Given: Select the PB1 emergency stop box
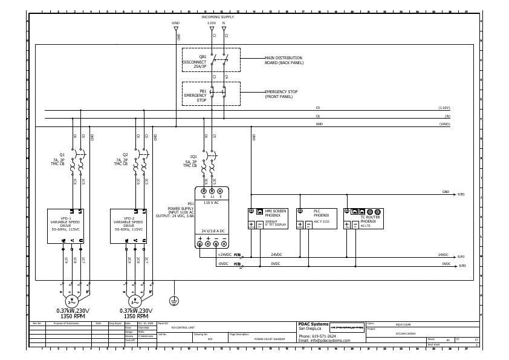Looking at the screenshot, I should point(211,94).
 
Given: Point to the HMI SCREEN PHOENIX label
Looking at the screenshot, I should point(276,214).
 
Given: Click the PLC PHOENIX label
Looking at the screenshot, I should point(321,214).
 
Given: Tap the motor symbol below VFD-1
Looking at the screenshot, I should point(72,301).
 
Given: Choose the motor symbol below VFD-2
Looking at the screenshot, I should point(135,301).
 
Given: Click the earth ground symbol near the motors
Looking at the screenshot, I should point(174,301).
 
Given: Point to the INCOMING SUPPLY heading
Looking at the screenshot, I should point(217,17).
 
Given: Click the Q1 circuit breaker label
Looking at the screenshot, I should point(62,154).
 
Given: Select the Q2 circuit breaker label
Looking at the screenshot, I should point(125,154).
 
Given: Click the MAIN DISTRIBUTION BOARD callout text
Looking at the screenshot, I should point(284,60).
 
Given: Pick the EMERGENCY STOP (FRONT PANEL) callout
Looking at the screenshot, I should point(282,94).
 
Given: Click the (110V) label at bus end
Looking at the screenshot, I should point(444,108).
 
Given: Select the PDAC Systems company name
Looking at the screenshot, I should point(314,324).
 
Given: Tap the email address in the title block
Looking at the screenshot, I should point(324,341).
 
